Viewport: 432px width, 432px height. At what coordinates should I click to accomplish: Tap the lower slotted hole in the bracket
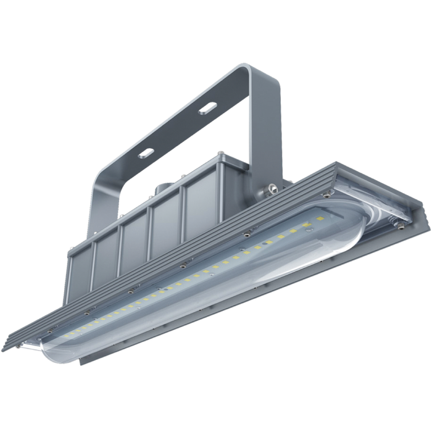tap(146, 152)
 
